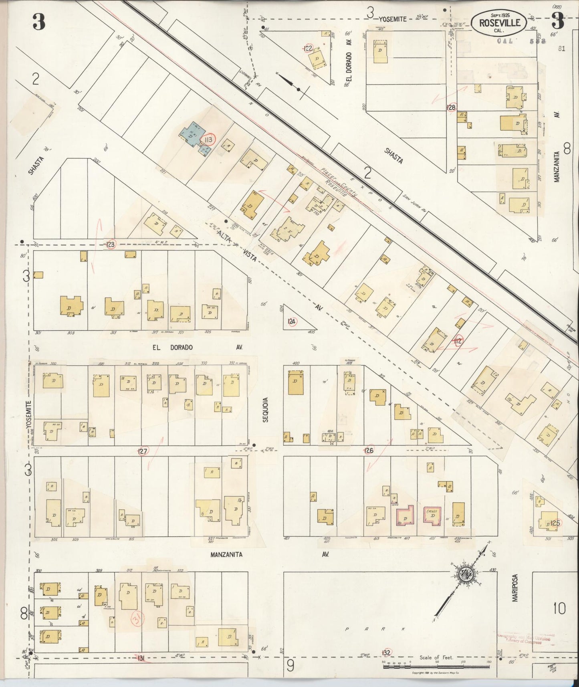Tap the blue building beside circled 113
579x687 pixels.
192,136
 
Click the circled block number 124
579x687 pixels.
291,321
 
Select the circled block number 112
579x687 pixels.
458,341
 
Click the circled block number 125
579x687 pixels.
555,523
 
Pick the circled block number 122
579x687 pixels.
308,48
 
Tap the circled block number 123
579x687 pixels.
111,244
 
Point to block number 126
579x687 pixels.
369,451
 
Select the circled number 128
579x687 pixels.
451,107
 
